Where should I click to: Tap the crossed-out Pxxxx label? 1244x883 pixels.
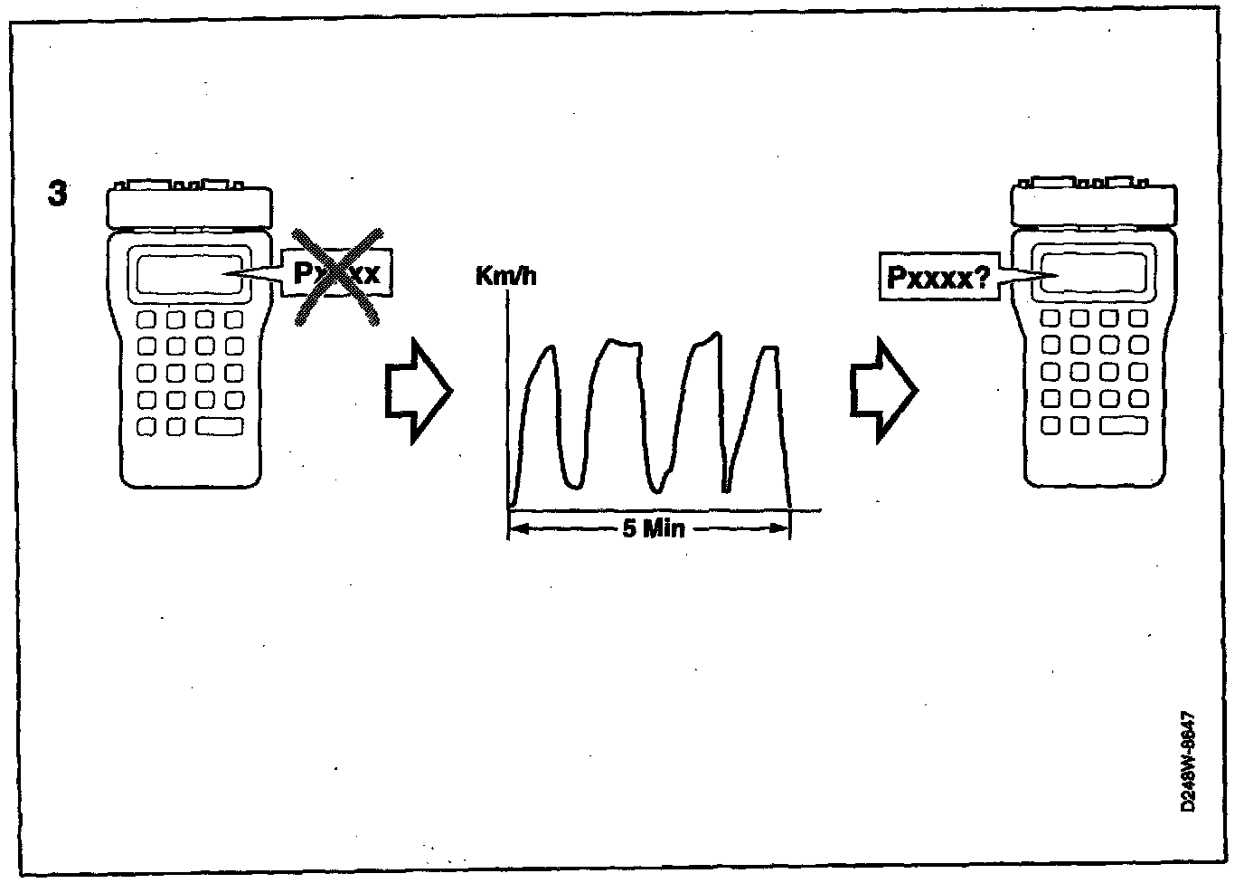337,273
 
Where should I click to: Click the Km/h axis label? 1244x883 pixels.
505,275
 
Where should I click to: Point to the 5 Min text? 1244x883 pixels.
653,528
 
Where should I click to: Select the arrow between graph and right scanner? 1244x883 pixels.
882,391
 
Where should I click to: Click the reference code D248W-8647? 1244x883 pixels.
1191,760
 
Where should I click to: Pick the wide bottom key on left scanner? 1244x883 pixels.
220,425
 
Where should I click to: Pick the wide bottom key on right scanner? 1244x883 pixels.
1125,425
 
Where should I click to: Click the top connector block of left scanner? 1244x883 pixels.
189,206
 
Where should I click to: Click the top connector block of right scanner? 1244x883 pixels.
1093,206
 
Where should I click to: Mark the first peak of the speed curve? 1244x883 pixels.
548,349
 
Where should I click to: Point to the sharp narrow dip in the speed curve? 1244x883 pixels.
726,489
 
